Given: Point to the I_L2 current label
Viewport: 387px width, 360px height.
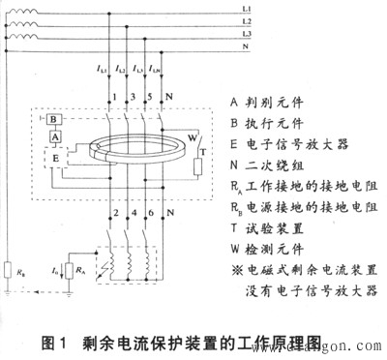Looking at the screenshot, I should click(x=120, y=70).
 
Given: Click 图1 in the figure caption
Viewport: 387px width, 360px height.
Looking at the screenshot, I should click(x=58, y=341).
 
